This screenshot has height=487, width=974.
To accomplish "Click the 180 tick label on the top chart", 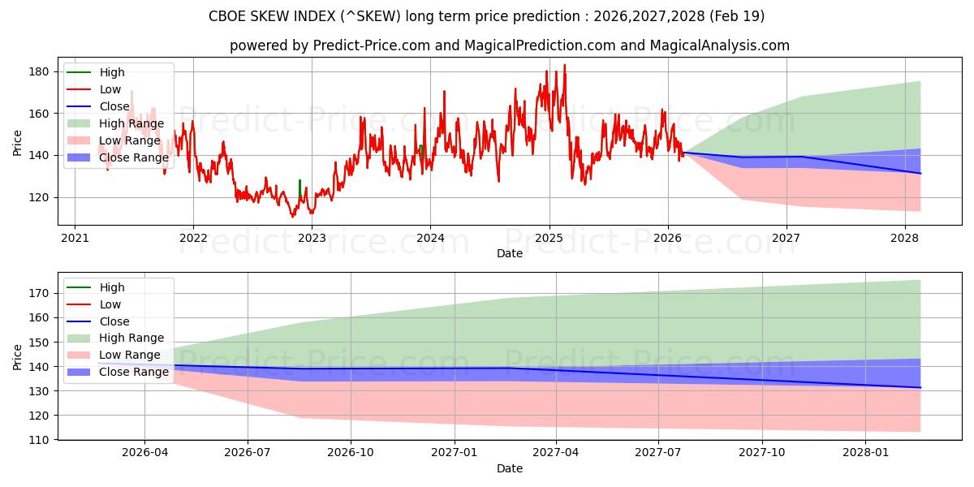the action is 38,71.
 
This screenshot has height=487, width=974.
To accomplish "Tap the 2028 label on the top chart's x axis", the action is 905,238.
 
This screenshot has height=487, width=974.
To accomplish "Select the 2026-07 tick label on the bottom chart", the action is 248,452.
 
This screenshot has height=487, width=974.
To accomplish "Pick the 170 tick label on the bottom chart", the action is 38,294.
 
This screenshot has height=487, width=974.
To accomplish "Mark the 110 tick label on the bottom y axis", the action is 38,440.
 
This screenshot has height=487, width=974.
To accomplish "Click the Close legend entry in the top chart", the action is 98,106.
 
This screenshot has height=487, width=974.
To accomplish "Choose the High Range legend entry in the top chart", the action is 115,123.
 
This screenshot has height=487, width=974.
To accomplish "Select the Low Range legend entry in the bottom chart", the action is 114,355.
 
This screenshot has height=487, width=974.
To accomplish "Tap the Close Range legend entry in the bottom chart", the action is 118,372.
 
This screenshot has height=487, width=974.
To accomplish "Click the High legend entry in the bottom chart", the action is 96,287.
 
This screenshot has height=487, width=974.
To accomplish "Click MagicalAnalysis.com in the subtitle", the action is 720,45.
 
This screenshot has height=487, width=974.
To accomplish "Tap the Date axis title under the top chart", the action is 510,253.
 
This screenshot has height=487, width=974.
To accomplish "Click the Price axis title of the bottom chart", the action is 17,357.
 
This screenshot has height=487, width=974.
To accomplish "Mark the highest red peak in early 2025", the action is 565,65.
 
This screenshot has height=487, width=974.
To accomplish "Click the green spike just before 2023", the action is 300,187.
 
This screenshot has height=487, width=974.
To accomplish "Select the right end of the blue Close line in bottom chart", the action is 920,387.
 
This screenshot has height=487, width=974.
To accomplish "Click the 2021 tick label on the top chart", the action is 75,238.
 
